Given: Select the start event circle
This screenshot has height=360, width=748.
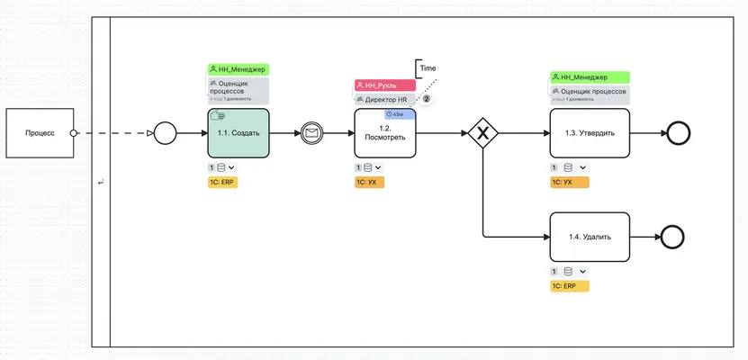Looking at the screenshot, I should [164, 133].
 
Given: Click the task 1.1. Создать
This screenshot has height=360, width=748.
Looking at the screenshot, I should [238, 133].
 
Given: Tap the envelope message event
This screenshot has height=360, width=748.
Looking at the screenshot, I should [311, 133].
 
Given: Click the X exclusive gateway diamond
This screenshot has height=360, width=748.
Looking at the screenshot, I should [483, 133].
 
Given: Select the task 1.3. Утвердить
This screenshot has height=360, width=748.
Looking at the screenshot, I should [590, 133].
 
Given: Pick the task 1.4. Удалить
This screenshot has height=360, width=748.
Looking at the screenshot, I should [590, 238].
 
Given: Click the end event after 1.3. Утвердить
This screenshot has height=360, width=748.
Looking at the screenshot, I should [677, 133].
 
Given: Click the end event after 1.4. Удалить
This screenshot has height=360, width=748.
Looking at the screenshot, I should [672, 238].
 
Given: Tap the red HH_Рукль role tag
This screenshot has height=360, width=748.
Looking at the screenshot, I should [384, 85].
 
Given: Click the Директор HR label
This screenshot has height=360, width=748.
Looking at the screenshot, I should [385, 99].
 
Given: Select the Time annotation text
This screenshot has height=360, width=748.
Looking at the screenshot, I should [428, 68].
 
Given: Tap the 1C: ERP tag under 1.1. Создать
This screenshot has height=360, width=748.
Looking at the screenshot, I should [222, 182].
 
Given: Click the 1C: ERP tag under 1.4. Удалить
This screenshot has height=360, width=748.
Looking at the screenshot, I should [569, 286].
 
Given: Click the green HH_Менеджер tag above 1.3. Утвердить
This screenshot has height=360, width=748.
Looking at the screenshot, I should [590, 77].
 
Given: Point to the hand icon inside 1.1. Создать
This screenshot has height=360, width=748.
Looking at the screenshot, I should [216, 116].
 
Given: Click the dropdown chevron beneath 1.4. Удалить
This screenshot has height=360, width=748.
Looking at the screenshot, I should [583, 271].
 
